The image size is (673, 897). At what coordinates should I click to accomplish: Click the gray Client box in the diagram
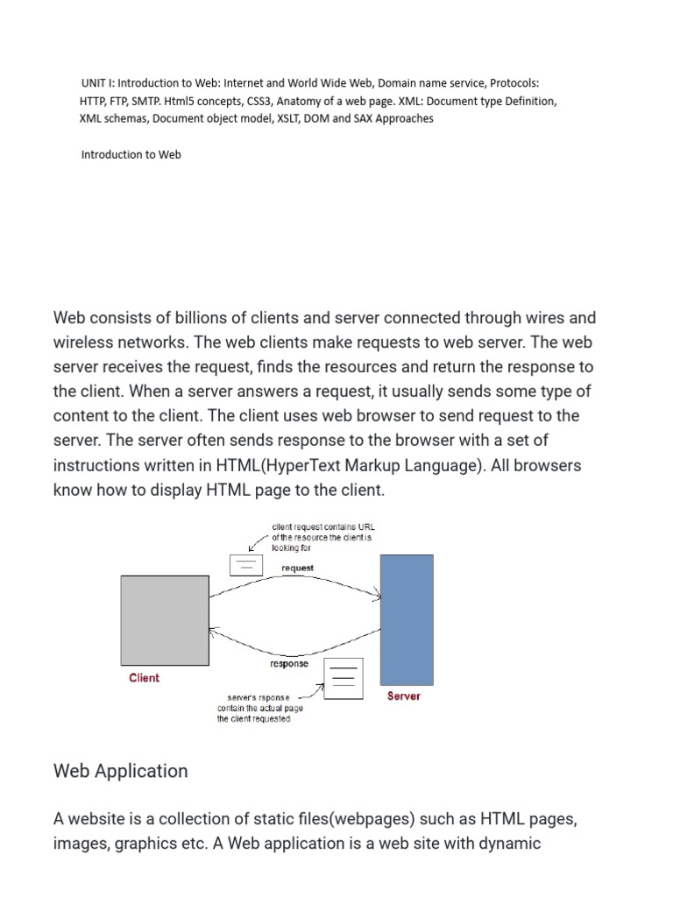tap(165, 620)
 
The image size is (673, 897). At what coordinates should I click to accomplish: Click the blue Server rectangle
tap(406, 619)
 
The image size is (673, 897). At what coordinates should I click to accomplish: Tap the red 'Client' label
tap(144, 678)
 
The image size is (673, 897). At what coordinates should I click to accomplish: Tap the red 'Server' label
tap(403, 696)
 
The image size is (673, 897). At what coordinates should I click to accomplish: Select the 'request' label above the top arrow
tap(297, 568)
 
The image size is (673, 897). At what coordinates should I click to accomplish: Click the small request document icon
tap(245, 565)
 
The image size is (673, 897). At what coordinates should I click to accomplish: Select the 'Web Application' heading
tap(120, 771)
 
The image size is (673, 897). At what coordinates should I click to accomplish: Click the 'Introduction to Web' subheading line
tap(131, 154)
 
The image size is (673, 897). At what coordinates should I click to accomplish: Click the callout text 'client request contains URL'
tap(323, 527)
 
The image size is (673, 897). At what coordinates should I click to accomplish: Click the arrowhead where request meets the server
tap(378, 598)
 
